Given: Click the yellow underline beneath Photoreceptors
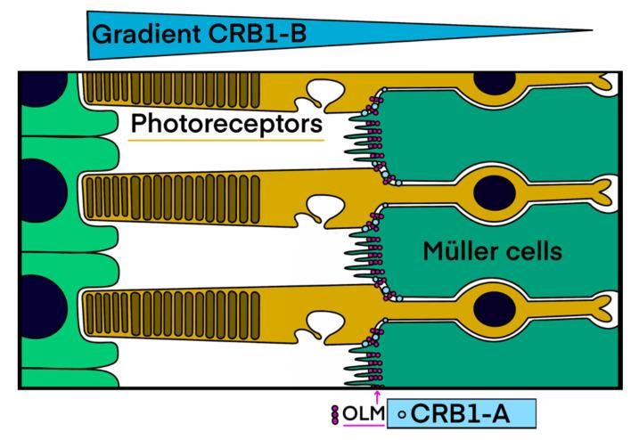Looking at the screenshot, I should (x=225, y=141).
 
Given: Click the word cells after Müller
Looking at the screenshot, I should (x=532, y=252).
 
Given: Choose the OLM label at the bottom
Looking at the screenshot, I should (x=363, y=413).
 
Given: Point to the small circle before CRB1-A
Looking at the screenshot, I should (x=401, y=413).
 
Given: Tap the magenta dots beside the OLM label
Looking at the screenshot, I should (x=335, y=413).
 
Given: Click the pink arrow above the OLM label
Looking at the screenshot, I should (x=378, y=395).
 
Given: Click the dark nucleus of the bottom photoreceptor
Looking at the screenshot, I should (x=492, y=305).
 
